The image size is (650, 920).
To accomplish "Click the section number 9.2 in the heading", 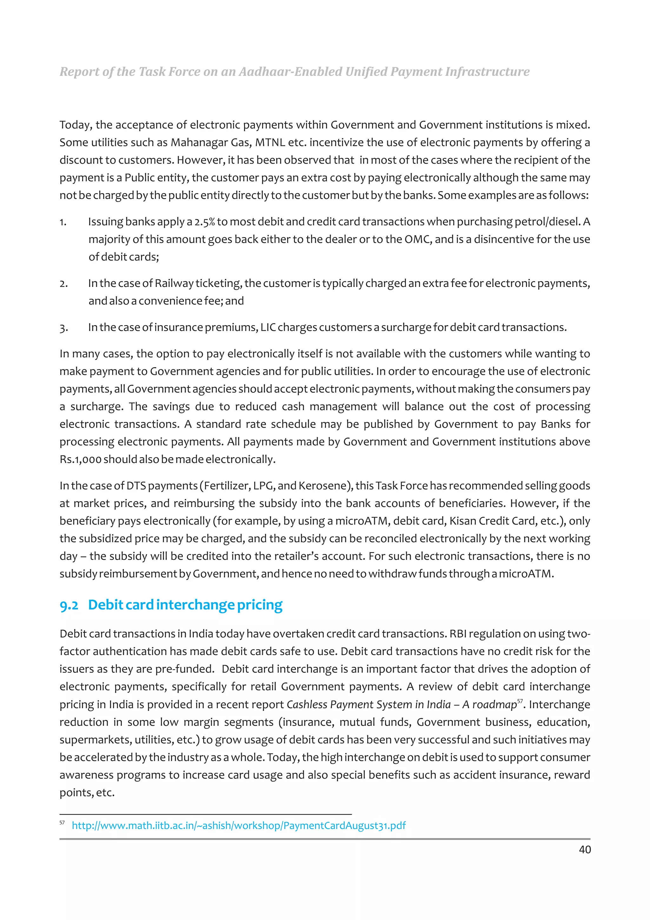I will pyautogui.click(x=69, y=605).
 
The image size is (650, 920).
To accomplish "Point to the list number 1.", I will pyautogui.click(x=63, y=222).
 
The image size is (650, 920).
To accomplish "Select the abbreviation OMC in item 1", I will pyautogui.click(x=418, y=239).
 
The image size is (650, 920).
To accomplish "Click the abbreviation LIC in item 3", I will pyautogui.click(x=268, y=327).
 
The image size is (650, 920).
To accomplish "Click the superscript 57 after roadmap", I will pyautogui.click(x=520, y=701).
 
